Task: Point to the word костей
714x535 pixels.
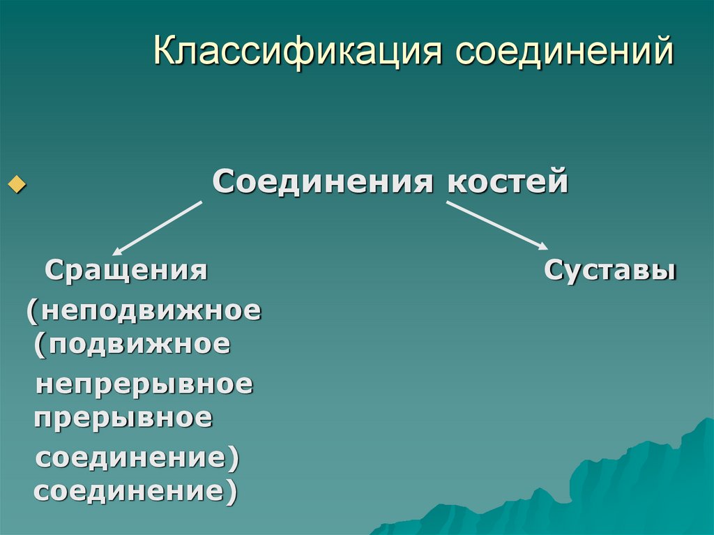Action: click(x=508, y=182)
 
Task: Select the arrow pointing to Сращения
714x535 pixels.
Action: click(x=157, y=227)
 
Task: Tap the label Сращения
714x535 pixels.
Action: click(x=126, y=269)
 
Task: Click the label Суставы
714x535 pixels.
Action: click(x=610, y=270)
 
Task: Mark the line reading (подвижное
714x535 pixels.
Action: click(x=132, y=343)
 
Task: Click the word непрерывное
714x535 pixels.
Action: click(x=144, y=384)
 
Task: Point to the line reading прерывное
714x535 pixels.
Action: click(x=123, y=419)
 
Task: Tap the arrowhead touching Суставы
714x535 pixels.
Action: click(x=541, y=244)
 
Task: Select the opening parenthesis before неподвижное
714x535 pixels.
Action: click(x=31, y=310)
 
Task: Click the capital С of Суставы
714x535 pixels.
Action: click(x=554, y=270)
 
